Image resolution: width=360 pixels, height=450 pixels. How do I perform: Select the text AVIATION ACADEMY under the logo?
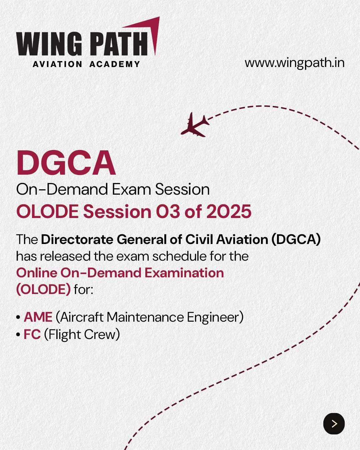coord(86,64)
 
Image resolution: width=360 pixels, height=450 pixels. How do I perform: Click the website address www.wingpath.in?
coord(295,63)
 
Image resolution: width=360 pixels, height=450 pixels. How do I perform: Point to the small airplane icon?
coord(195,125)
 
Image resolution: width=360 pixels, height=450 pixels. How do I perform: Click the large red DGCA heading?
coord(66,163)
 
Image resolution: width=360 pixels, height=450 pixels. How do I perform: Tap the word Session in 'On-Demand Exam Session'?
coord(182,189)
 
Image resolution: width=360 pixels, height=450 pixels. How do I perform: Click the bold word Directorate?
coord(77,239)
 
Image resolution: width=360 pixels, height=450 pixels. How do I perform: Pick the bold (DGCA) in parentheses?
coord(296,239)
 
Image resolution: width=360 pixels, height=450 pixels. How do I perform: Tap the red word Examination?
coord(184,273)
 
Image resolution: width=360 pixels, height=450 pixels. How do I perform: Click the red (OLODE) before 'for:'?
coord(44,289)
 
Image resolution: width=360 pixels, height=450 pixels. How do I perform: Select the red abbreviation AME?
coord(38,317)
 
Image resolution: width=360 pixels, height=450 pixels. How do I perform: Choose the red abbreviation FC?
coord(32,334)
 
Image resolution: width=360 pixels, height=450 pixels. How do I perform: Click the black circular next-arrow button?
coord(334,424)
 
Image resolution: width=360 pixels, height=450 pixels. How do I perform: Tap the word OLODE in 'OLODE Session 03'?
coord(47,211)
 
